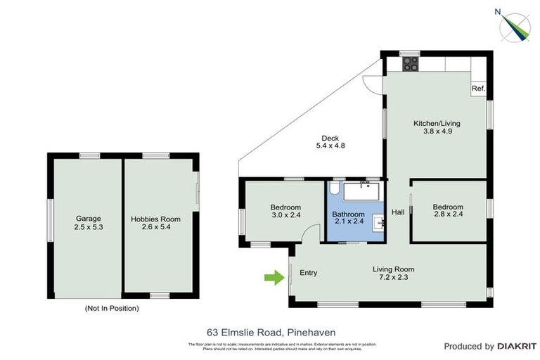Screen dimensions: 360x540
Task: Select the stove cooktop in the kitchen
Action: click(410, 64)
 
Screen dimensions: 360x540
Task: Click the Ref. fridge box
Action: click(478, 88)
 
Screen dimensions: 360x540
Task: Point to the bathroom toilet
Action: click(333, 191)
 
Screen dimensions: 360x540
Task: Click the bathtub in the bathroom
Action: click(360, 191)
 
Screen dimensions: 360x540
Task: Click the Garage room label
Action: click(88, 223)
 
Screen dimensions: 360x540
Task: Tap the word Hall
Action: click(398, 212)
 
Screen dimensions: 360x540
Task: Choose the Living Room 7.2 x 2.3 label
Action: click(393, 273)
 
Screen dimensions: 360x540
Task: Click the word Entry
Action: click(309, 273)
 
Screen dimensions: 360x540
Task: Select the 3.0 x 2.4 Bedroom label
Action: click(285, 212)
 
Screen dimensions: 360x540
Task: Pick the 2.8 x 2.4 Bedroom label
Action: click(448, 211)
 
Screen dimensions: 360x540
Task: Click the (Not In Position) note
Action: click(111, 308)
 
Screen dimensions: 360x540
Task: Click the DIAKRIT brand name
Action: click(517, 346)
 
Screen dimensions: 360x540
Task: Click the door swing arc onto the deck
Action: click(371, 83)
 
